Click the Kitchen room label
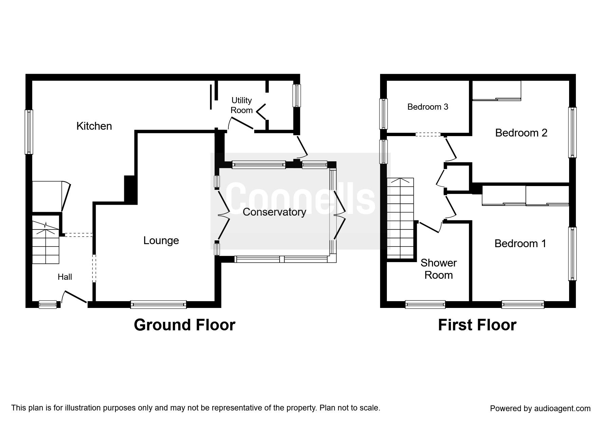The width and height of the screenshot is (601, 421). [94, 126]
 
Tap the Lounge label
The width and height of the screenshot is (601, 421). [161, 240]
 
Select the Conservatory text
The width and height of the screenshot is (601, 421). [274, 212]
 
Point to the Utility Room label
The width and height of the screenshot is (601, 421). [241, 105]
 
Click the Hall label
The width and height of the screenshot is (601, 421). [65, 277]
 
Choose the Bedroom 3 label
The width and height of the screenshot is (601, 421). [428, 107]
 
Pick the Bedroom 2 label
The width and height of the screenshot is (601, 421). [521, 133]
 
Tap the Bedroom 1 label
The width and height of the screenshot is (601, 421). [520, 243]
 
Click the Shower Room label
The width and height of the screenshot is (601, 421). [438, 269]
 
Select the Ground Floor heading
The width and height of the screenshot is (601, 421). [184, 325]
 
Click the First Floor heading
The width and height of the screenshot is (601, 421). [477, 325]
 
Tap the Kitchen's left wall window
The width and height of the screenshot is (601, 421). [29, 132]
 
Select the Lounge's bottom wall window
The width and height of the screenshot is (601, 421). [158, 304]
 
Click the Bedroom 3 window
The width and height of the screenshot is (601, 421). [383, 114]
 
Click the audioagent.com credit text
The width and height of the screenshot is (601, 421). [540, 408]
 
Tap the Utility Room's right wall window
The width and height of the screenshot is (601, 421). [297, 95]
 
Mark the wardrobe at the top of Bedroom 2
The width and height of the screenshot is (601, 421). [496, 91]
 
